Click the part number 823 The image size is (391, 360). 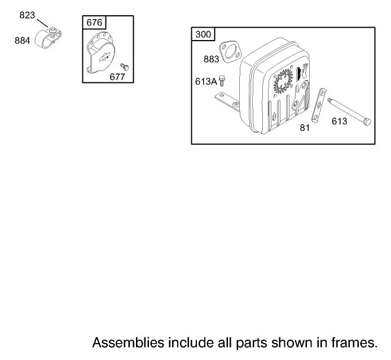[27, 15]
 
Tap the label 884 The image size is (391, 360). [22, 41]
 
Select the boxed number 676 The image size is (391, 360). [94, 23]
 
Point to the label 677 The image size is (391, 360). [117, 77]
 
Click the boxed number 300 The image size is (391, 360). [203, 34]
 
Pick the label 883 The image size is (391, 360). [211, 59]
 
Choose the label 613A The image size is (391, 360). [206, 81]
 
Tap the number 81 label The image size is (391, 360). [305, 128]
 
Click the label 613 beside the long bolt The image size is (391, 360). [339, 121]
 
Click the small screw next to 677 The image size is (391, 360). [125, 67]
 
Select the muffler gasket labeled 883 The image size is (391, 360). [230, 52]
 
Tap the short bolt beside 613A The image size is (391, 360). [222, 81]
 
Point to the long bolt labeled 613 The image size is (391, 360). [349, 111]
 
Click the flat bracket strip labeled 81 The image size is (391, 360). [319, 106]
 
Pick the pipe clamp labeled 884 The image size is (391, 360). [48, 38]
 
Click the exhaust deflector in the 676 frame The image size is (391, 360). [101, 53]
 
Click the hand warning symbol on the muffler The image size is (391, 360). [305, 71]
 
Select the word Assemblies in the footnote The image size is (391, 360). [128, 343]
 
